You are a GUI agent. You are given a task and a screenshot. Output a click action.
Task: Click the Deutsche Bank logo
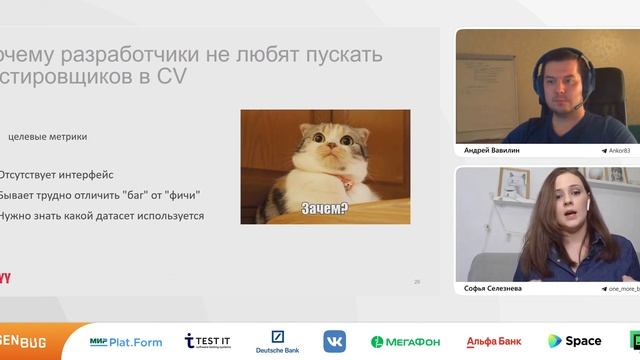(277, 342)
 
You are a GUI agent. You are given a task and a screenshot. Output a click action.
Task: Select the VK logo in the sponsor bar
(334, 341)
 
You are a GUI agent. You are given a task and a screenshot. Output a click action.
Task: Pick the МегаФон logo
(405, 342)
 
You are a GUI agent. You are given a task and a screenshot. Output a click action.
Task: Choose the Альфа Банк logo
(493, 342)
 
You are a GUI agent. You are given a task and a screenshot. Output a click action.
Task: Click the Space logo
(574, 342)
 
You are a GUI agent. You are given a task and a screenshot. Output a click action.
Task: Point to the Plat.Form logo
(126, 342)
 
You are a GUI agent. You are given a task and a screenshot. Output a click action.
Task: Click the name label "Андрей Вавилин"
(492, 150)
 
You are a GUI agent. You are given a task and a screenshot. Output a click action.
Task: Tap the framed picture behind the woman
(514, 183)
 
